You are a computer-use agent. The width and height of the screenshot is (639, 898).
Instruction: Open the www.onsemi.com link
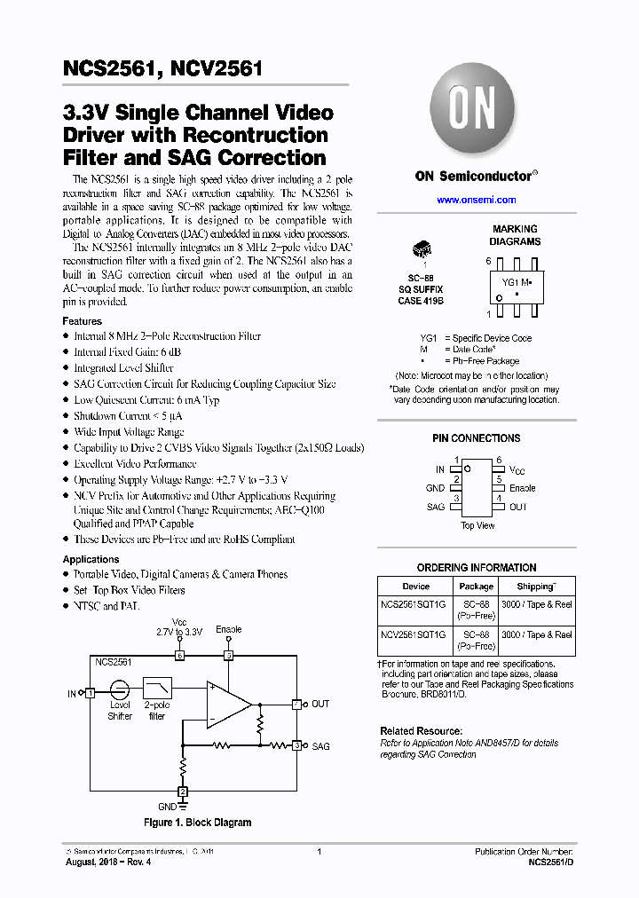(476, 201)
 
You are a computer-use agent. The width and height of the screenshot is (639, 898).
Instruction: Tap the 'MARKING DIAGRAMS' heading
(515, 235)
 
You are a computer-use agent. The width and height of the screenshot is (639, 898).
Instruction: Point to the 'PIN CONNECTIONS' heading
(476, 438)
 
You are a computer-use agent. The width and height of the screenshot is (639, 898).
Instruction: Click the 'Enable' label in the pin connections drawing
(522, 488)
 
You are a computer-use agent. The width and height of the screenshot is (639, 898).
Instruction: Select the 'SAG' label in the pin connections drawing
(435, 507)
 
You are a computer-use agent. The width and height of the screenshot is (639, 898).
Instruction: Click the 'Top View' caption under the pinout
(477, 525)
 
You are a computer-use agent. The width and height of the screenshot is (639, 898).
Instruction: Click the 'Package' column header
(476, 587)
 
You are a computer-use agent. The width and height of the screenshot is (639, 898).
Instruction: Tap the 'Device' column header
(415, 587)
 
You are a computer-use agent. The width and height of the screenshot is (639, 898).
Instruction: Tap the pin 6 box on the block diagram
(179, 656)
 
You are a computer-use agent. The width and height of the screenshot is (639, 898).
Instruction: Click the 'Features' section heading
(82, 321)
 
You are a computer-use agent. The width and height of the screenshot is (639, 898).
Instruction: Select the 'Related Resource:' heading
(421, 731)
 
